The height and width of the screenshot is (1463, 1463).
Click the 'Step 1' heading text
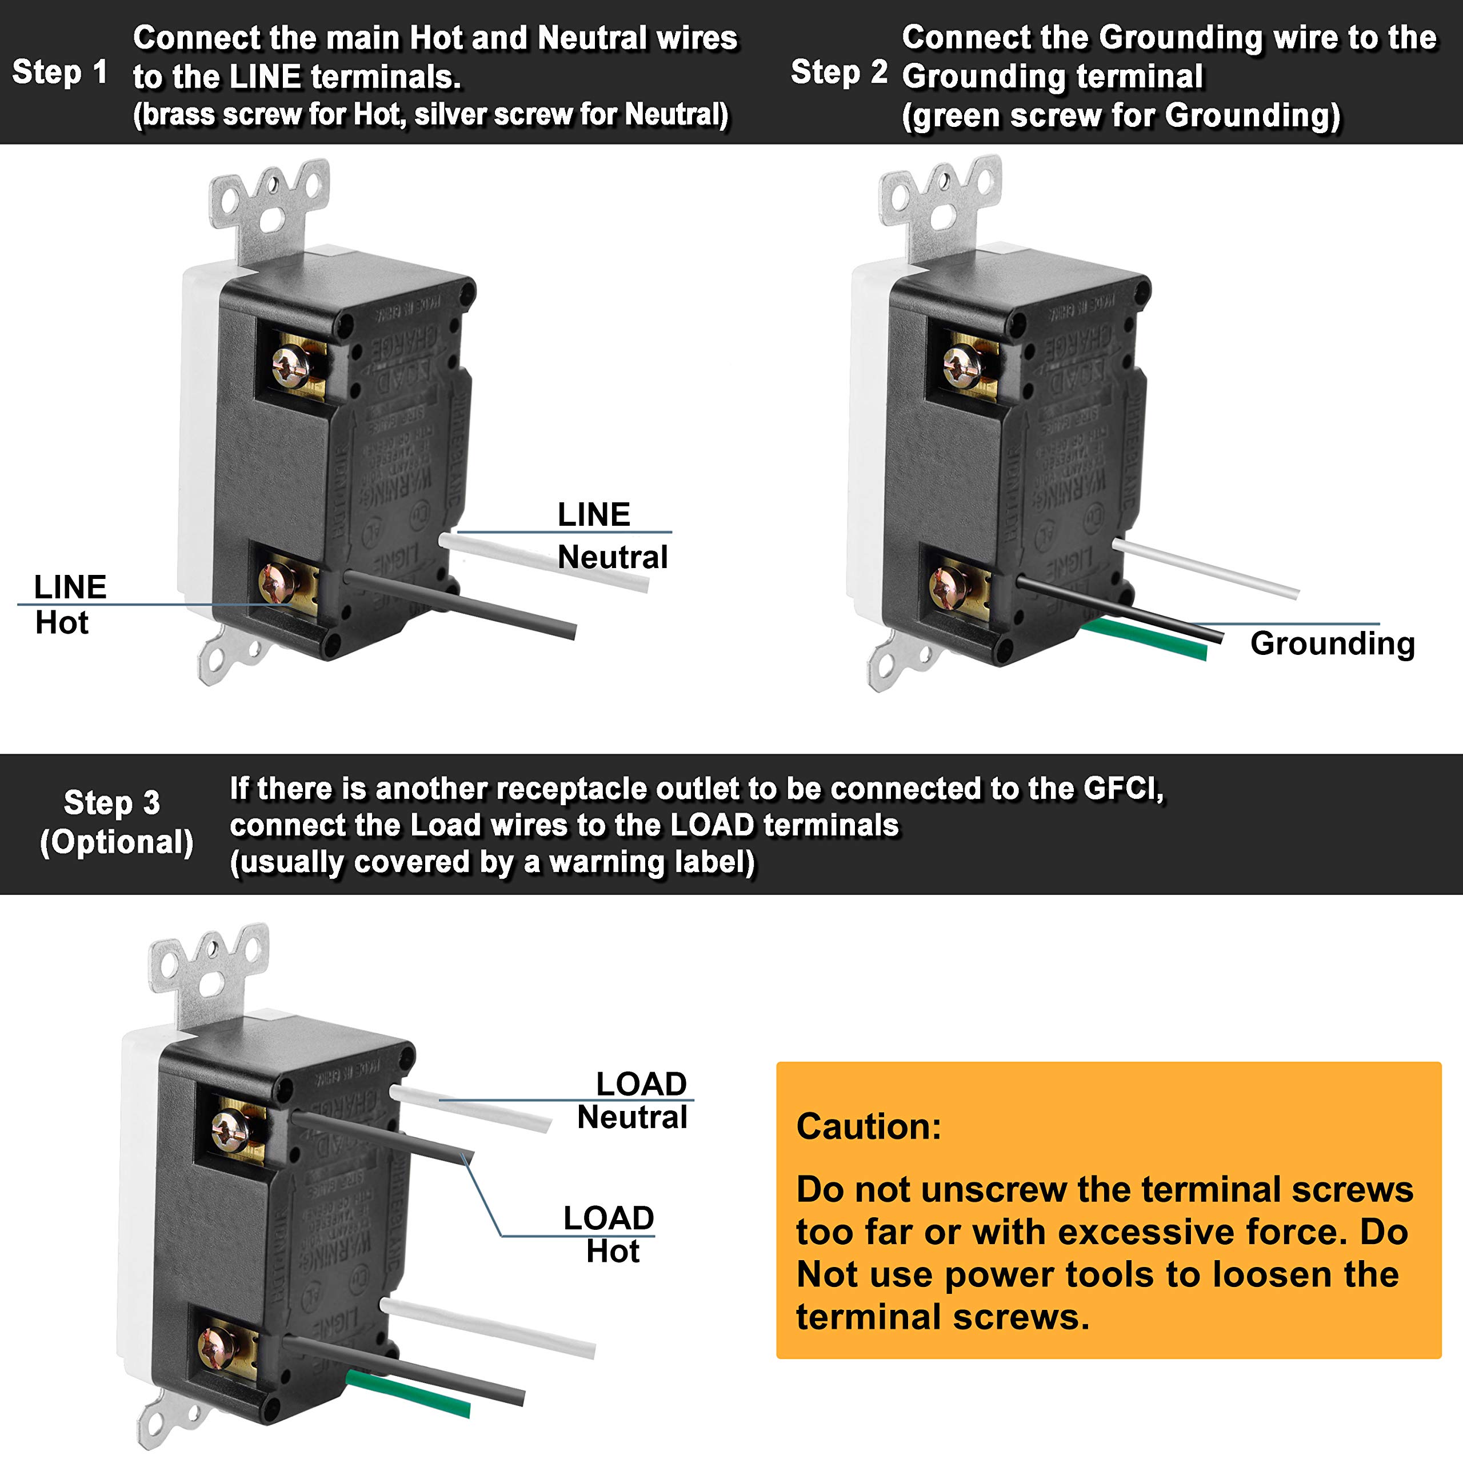(x=59, y=73)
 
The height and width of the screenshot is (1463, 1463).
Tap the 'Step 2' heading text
(x=838, y=73)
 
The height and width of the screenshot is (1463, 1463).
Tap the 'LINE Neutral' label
(x=612, y=535)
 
